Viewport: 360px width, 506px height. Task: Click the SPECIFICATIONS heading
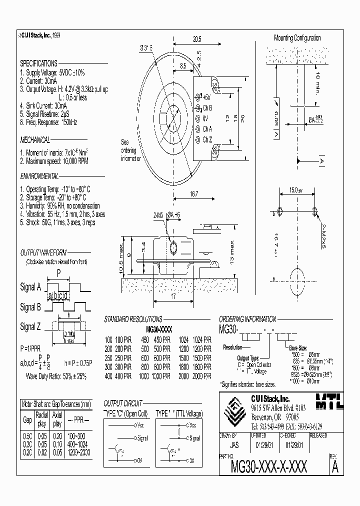tap(38, 63)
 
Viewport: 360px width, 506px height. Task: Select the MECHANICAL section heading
tap(35, 140)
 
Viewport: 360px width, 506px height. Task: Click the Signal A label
tap(30, 287)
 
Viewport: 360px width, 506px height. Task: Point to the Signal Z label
tap(30, 327)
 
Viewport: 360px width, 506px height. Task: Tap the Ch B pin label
tap(207, 107)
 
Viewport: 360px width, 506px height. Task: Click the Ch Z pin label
tap(207, 139)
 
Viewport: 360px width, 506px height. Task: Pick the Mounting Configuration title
tap(297, 38)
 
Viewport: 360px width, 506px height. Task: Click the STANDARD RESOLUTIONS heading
tap(132, 318)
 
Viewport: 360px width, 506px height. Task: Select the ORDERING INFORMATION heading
tap(247, 318)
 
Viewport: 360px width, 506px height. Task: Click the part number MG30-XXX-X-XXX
tap(269, 466)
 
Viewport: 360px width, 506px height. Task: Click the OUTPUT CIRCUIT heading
tap(122, 403)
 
